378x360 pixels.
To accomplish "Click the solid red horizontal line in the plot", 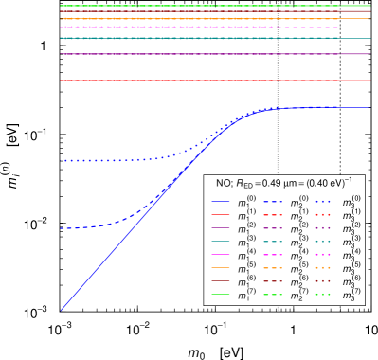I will tap(189, 81).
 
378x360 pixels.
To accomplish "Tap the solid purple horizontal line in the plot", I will tap(189, 54).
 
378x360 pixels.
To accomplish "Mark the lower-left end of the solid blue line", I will tap(63, 309).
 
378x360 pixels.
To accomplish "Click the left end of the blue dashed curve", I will tap(63, 228).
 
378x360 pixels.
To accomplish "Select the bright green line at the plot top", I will tap(189, 6).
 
